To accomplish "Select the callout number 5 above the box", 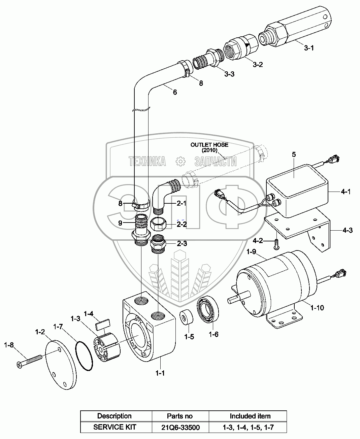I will pyautogui.click(x=294, y=155).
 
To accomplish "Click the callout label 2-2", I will pyautogui.click(x=182, y=224).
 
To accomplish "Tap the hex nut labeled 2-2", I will pyautogui.click(x=158, y=224).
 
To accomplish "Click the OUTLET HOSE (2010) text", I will pyautogui.click(x=209, y=147).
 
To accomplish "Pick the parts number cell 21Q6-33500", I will pyautogui.click(x=180, y=427).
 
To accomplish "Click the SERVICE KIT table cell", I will pyautogui.click(x=115, y=427).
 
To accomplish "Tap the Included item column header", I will pyautogui.click(x=250, y=416).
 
